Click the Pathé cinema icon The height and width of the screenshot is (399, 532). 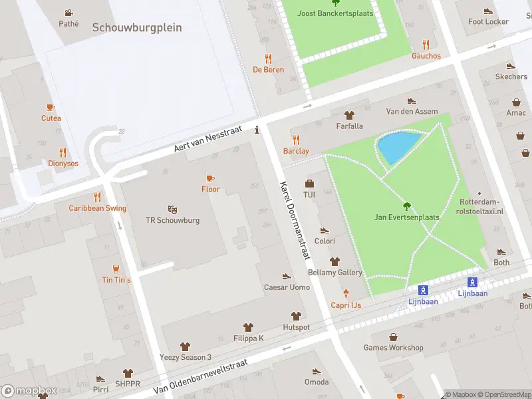point(68,13)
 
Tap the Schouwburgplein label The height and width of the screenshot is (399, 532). point(137,28)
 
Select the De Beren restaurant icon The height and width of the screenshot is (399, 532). point(268,59)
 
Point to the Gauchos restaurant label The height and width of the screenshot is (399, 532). point(426,56)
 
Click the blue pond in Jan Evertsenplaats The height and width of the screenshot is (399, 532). point(398,148)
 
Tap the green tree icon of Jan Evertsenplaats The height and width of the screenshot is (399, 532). point(408,205)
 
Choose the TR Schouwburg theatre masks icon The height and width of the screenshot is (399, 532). point(173,209)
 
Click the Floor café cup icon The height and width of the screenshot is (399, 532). point(210,178)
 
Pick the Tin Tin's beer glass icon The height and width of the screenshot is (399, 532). point(116,269)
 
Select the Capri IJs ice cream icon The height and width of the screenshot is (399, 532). point(346,293)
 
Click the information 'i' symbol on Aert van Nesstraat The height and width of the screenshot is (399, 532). point(257,131)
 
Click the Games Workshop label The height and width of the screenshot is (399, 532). point(393,348)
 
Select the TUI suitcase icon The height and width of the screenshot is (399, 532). point(309,184)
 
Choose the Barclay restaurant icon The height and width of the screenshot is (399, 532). point(296,140)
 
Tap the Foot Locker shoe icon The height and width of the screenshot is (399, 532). point(488,11)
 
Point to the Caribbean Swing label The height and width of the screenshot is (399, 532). point(98,208)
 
